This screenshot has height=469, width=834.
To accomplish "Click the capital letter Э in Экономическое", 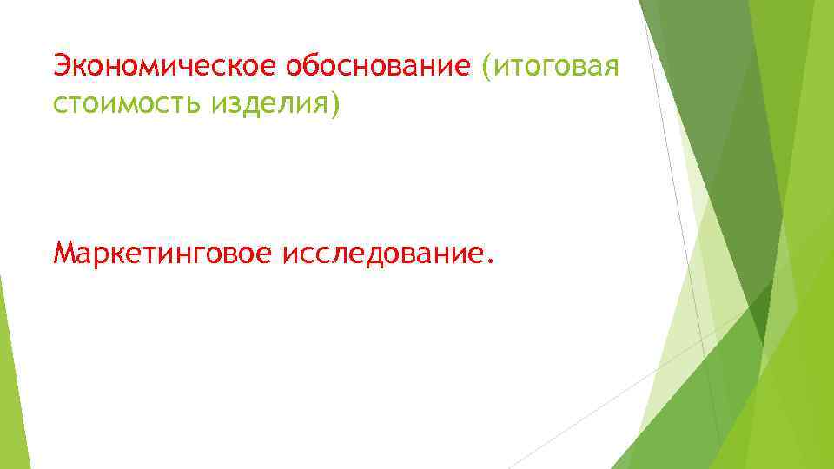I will coord(61,65).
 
